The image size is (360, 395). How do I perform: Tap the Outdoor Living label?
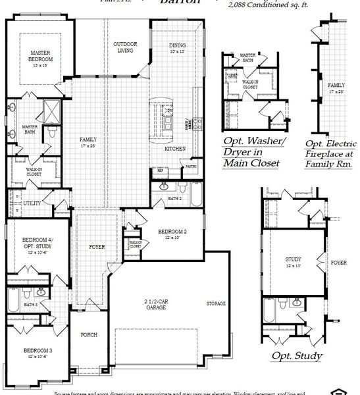(126, 46)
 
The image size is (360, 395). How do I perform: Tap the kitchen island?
(167, 116)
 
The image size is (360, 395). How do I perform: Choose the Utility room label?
(32, 203)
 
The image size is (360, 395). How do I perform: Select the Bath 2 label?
(174, 197)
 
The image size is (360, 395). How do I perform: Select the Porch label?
(89, 334)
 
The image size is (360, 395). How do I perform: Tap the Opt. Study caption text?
(297, 356)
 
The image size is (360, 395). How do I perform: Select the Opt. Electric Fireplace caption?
(331, 153)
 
